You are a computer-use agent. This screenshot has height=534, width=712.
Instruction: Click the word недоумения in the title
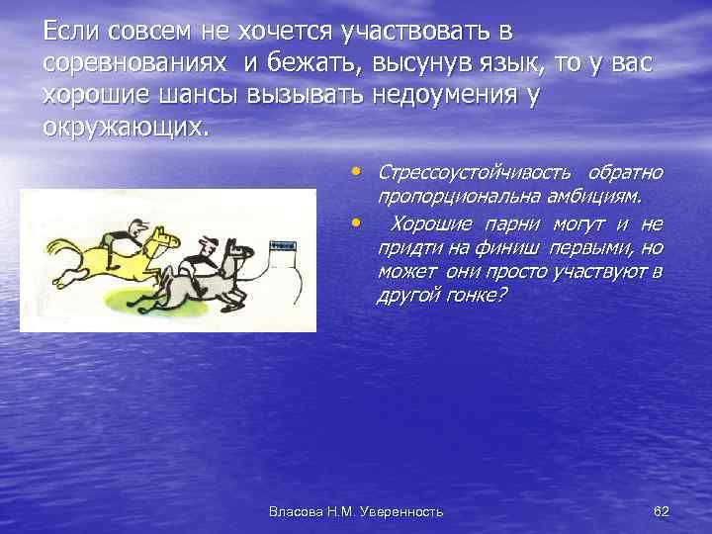[454, 98]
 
